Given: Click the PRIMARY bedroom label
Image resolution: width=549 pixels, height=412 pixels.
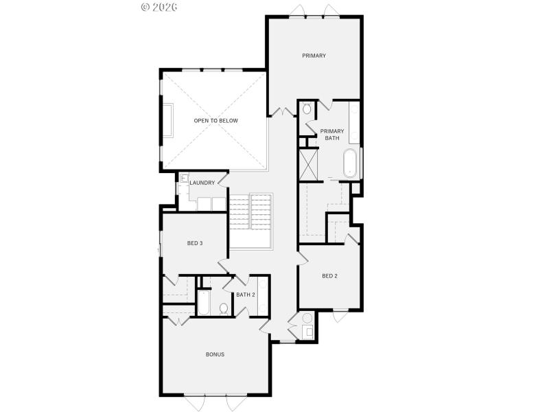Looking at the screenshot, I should click(314, 56).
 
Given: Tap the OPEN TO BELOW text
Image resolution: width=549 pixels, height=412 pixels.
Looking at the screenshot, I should click(215, 121).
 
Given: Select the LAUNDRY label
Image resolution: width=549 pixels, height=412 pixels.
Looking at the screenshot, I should click(202, 183).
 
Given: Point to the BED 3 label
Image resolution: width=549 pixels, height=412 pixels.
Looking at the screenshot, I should click(194, 243).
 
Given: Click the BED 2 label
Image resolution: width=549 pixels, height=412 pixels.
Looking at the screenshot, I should click(329, 276).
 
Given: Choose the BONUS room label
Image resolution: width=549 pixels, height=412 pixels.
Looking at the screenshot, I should click(215, 354).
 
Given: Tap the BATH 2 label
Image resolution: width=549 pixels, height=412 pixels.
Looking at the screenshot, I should click(245, 295).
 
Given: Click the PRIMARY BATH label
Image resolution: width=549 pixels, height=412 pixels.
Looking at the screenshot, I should click(332, 135).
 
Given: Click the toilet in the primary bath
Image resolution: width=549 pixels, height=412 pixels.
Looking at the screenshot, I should click(307, 109).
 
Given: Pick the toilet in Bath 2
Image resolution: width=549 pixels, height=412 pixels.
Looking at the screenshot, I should click(223, 308).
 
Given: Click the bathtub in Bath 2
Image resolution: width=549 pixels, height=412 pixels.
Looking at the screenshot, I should click(204, 303).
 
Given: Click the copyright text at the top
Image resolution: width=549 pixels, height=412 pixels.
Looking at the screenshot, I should click(159, 7).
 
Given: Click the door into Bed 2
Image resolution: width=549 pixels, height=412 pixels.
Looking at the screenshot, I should click(301, 255).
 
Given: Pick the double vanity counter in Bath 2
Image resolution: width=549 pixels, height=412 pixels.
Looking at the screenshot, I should click(263, 295).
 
